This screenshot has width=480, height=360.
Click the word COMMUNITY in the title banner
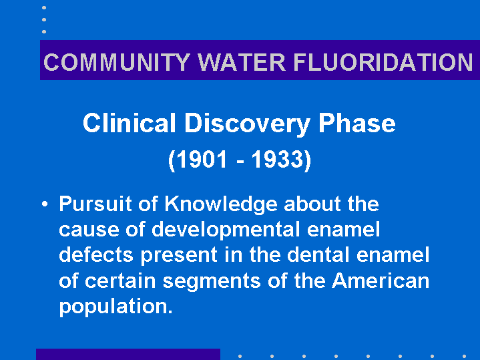[117, 62]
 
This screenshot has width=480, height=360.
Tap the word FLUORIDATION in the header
[383, 62]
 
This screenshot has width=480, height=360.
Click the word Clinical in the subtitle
[130, 123]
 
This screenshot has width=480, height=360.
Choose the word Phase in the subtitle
[357, 123]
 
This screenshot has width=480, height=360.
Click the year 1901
[203, 160]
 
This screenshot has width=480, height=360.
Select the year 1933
[277, 160]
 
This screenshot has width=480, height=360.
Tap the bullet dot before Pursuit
[45, 204]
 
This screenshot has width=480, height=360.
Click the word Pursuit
[95, 204]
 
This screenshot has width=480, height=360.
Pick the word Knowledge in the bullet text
[221, 204]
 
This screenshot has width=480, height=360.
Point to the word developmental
[226, 230]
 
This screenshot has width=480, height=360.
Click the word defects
[96, 255]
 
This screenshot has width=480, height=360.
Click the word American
[381, 281]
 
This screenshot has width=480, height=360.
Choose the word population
[116, 307]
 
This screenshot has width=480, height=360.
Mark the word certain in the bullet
[120, 281]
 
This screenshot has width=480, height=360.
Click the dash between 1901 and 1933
[240, 161]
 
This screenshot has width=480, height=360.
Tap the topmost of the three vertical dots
[44, 7]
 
